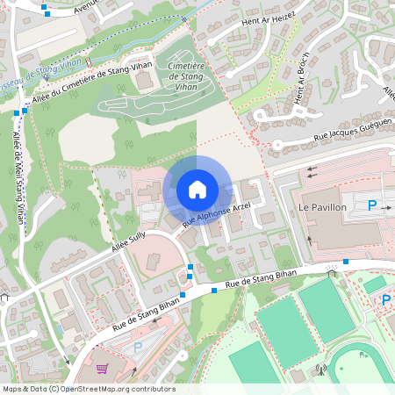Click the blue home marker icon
pyautogui.click(x=197, y=190)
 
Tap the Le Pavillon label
pyautogui.click(x=323, y=206)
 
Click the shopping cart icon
pyautogui.click(x=102, y=370)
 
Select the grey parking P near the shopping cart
pyautogui.click(x=136, y=348)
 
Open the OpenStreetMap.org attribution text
pyautogui.click(x=115, y=389)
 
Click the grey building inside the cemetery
pyautogui.click(x=143, y=81)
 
